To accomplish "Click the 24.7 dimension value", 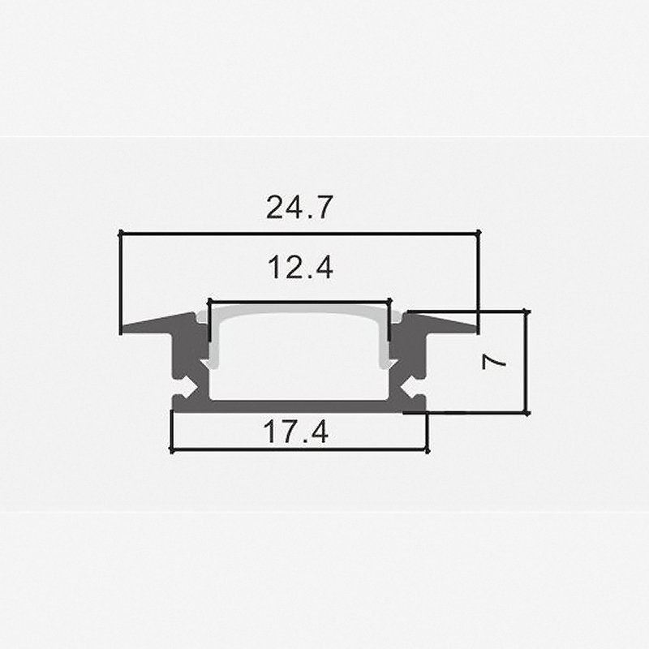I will [299, 208].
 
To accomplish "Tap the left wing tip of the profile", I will [127, 329].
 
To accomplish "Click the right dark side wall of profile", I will [412, 357].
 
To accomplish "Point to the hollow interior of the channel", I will [299, 357].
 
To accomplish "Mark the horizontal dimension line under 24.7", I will [299, 234].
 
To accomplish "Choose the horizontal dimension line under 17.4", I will [299, 449].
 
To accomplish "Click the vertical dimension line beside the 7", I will [527, 360].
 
